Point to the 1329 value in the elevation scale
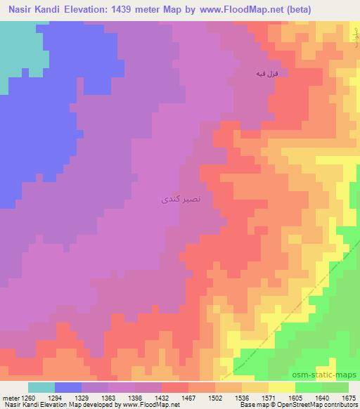tap(82, 397)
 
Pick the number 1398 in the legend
tap(131, 397)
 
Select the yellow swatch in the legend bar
tap(282, 387)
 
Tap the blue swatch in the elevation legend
tap(69, 387)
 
